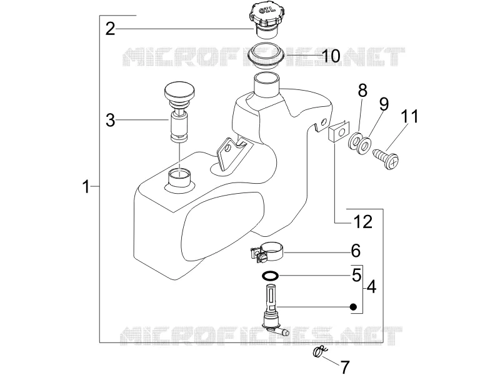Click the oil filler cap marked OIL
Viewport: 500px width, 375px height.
tap(265, 20)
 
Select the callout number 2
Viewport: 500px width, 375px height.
tap(110, 29)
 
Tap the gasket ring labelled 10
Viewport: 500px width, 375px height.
tap(267, 55)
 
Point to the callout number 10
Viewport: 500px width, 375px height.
tap(331, 56)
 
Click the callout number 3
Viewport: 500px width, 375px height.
tap(111, 120)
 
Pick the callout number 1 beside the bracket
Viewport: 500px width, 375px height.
tap(86, 186)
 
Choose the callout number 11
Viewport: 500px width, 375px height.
tap(409, 116)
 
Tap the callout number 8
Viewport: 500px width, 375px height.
tap(362, 91)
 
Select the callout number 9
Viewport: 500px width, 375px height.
tap(384, 104)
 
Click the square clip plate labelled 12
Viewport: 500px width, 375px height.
tap(339, 132)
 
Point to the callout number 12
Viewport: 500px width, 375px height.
tap(363, 222)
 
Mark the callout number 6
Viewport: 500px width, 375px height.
tap(356, 251)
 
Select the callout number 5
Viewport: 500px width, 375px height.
tap(356, 275)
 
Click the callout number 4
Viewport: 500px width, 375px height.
tap(371, 287)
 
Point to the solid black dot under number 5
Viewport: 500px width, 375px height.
tap(353, 307)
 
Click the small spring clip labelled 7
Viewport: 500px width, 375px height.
tap(320, 352)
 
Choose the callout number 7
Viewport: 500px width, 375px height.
tap(345, 367)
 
